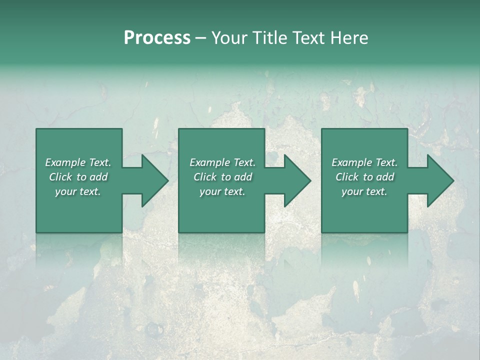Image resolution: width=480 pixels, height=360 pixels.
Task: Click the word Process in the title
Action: tap(157, 38)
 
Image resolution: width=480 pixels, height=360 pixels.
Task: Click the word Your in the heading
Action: tap(230, 38)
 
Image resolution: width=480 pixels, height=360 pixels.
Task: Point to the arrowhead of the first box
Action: tap(155, 180)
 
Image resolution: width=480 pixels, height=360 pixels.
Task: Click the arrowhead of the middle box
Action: tap(297, 180)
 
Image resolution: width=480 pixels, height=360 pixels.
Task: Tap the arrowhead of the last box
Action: tap(440, 180)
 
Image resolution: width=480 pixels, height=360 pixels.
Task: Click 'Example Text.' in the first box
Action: tap(78, 162)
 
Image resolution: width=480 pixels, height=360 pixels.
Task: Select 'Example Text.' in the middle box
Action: tap(222, 162)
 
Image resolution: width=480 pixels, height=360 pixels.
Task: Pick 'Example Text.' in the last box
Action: tap(364, 162)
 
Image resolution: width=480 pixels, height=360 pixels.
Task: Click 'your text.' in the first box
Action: tap(78, 191)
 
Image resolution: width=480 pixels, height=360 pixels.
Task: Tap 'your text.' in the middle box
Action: tap(222, 191)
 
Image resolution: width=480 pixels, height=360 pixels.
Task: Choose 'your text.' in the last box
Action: tap(364, 191)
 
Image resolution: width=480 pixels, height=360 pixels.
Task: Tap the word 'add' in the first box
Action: tap(99, 177)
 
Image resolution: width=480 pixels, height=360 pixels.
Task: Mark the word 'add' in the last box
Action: tap(385, 177)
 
